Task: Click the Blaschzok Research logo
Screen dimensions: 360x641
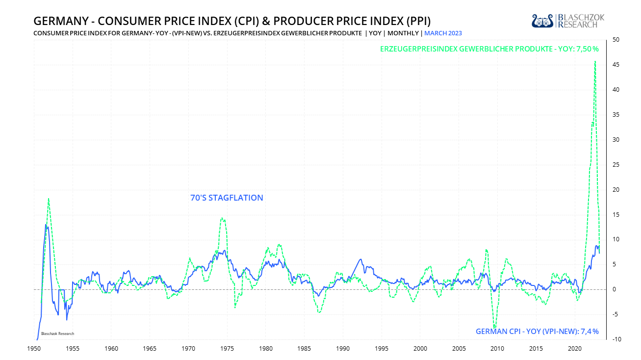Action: tap(568, 21)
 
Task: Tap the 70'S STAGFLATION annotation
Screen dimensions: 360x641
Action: tap(227, 198)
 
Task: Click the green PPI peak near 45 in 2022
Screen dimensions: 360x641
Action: tap(595, 62)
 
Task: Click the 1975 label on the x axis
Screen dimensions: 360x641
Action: tap(227, 349)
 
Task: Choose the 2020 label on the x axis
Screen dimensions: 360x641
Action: tap(575, 349)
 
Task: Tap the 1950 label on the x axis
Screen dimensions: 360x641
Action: tap(34, 349)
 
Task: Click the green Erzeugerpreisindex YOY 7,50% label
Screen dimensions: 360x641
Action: tap(489, 49)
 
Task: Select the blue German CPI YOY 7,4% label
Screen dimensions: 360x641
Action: tap(537, 332)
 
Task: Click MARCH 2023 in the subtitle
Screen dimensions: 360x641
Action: tap(443, 33)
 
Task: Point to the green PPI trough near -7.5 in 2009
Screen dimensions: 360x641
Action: tap(494, 327)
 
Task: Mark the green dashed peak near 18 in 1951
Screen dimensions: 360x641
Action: tap(49, 199)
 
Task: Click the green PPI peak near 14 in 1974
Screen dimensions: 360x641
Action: tap(222, 218)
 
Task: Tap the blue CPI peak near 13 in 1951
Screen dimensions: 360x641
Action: tap(46, 225)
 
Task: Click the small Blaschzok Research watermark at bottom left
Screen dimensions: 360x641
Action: tap(57, 334)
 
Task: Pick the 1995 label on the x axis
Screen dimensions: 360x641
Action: tap(382, 349)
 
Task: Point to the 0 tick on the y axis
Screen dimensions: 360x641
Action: tap(615, 289)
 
